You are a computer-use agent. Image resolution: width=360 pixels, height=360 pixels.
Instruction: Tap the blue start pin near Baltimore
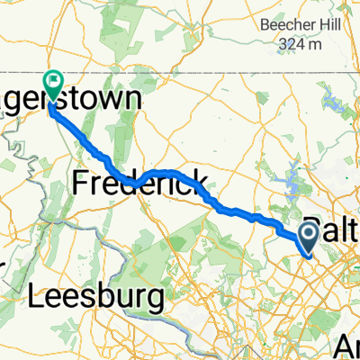[307, 238]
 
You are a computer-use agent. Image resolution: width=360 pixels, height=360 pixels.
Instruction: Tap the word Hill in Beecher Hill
[325, 24]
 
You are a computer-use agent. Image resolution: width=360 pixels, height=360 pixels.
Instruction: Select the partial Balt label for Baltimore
[332, 226]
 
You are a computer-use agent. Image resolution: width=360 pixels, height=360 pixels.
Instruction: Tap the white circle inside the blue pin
[307, 236]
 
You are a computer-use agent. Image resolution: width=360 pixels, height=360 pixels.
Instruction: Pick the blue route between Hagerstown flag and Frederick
[90, 144]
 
